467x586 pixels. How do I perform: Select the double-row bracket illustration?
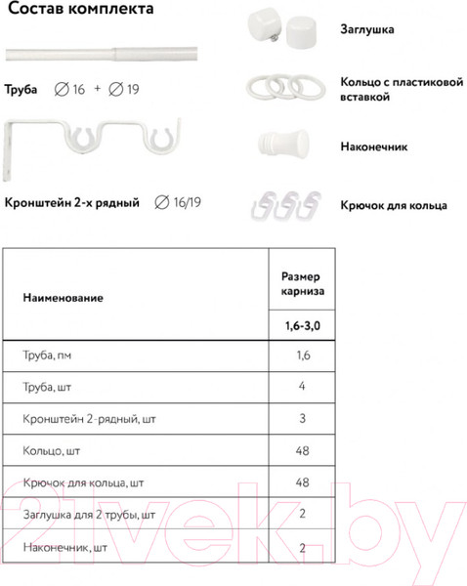click(98, 147)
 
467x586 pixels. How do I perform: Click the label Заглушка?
click(367, 30)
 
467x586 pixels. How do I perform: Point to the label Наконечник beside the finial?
click(374, 147)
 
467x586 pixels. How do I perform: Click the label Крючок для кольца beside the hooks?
click(394, 206)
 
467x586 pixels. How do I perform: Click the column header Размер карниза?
click(302, 284)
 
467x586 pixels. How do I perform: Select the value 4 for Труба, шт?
click(302, 388)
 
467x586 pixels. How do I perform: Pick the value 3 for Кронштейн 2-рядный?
click(302, 420)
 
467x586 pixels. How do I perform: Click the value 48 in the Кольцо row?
click(302, 452)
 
